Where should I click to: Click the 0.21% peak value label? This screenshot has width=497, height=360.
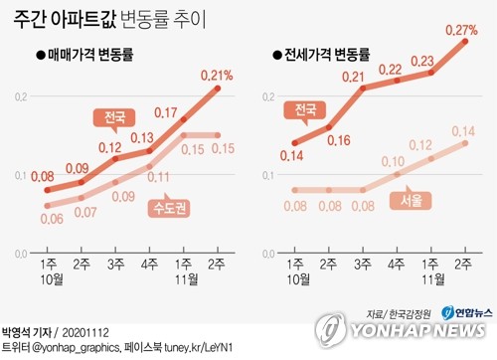point(217,75)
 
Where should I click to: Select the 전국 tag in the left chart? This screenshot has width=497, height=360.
point(115,117)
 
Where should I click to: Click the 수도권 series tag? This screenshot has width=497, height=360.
point(172,207)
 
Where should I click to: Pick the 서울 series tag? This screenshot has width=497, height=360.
point(412,201)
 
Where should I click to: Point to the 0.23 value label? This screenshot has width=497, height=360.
point(428,61)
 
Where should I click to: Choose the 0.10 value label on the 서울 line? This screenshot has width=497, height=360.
point(395,161)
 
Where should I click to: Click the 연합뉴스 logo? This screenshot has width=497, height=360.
point(463,312)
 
